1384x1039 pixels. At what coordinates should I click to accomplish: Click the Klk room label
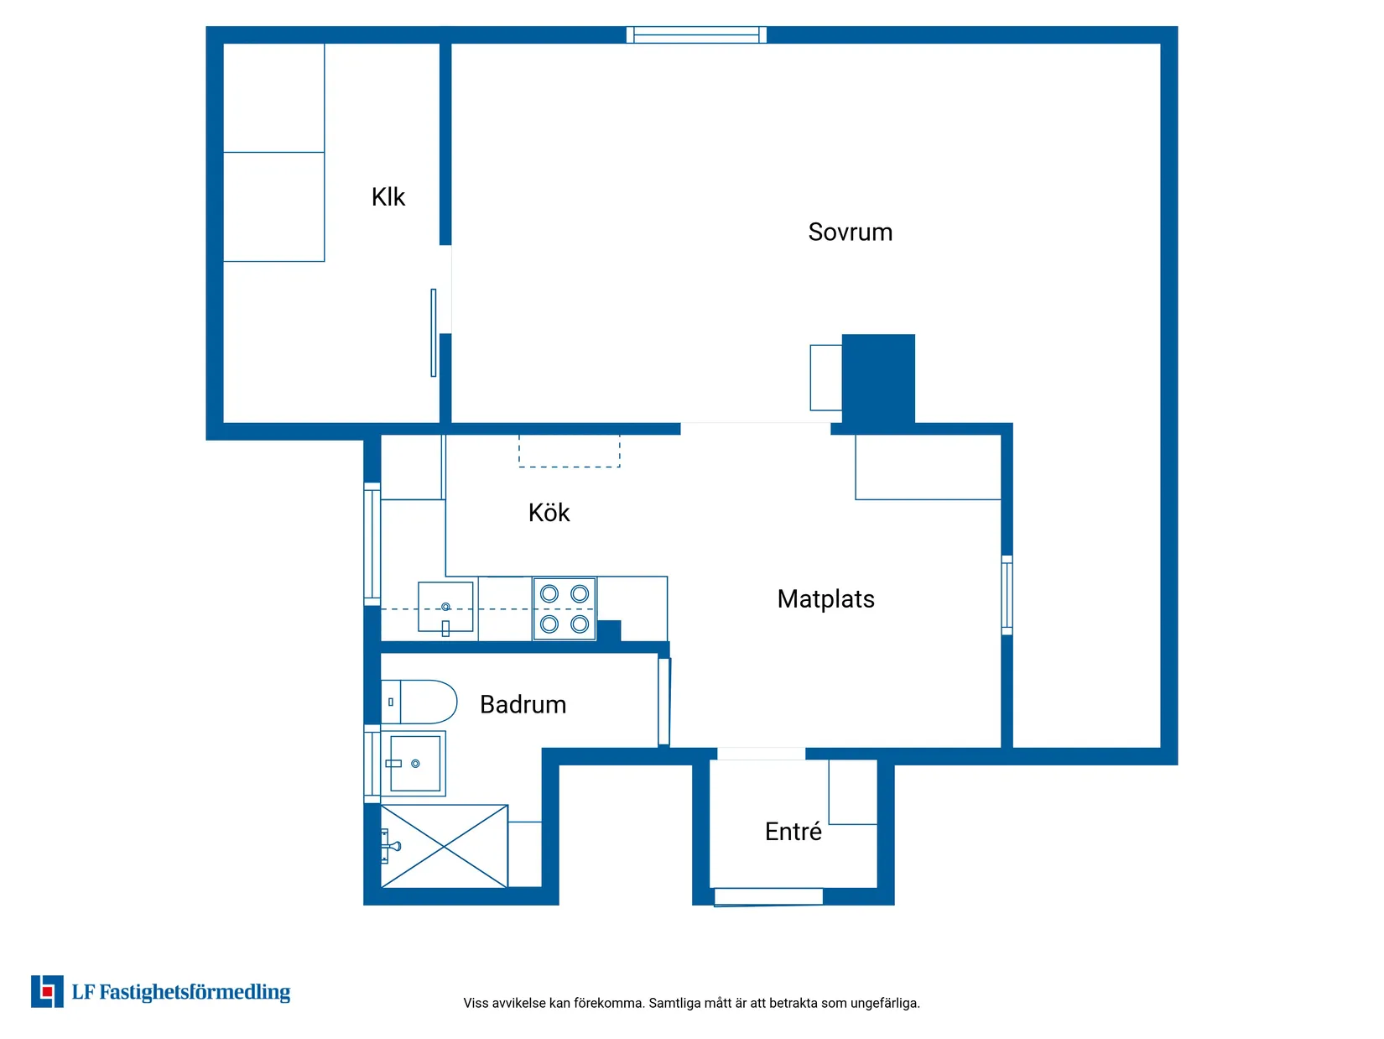point(388,197)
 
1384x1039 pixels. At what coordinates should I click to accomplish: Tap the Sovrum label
point(850,232)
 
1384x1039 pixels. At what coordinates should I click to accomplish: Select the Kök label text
point(549,513)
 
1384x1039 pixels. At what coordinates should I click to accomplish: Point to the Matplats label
point(825,599)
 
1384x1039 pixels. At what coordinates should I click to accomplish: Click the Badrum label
point(523,705)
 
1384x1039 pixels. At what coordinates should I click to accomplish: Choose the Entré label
point(793,832)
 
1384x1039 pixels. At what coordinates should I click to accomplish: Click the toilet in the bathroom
point(419,702)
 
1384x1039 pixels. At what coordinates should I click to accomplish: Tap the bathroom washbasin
point(415,764)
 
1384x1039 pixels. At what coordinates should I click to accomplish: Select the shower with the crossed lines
point(444,846)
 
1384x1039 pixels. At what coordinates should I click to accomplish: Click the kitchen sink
point(445,607)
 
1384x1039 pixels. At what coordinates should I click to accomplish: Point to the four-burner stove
point(565,609)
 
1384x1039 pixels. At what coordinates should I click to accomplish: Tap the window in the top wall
point(696,34)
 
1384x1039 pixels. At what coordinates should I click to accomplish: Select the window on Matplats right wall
point(1007,595)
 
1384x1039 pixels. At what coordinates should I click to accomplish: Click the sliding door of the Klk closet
point(434,332)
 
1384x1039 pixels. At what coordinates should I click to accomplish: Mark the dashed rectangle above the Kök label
point(570,451)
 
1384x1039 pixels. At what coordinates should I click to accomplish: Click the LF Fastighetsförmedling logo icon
point(47,991)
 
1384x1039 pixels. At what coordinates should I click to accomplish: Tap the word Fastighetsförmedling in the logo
point(195,992)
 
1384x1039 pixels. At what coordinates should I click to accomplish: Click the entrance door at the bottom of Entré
point(767,896)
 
